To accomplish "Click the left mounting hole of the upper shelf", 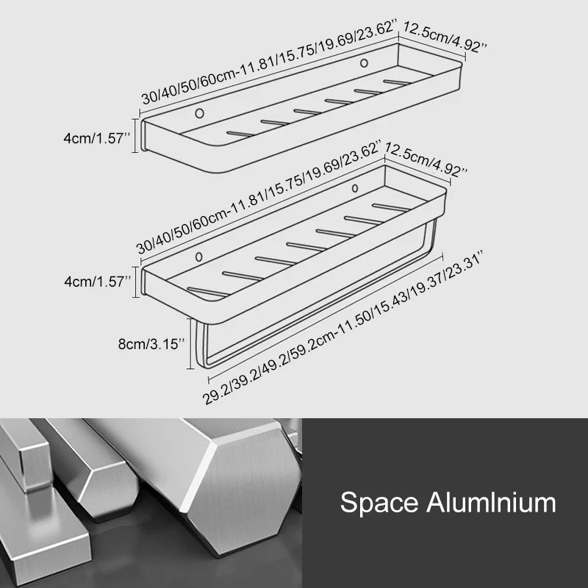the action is tap(199, 113).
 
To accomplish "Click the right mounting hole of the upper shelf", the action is tap(364, 63).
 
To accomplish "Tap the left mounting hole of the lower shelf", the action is tap(199, 257).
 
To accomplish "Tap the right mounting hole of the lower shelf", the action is tap(355, 188).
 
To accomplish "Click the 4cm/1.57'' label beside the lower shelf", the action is tap(98, 282).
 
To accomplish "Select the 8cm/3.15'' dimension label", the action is tap(151, 344).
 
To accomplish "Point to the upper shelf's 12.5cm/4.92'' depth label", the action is tap(445, 37).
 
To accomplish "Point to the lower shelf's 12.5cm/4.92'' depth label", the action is tap(426, 159).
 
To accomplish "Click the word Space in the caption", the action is tap(379, 502).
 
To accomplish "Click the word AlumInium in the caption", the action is tap(491, 502).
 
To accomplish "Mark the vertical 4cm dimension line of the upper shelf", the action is tap(136, 135).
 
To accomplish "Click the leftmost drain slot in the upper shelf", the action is tap(240, 134).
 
